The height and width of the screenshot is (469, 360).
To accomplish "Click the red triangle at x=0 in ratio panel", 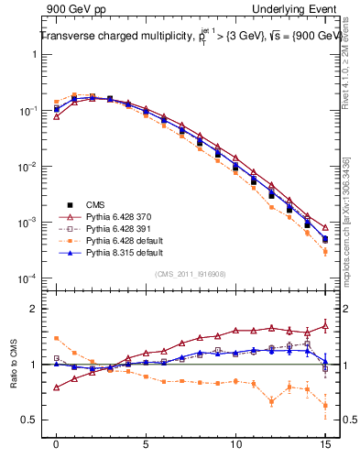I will pos(57,387).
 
